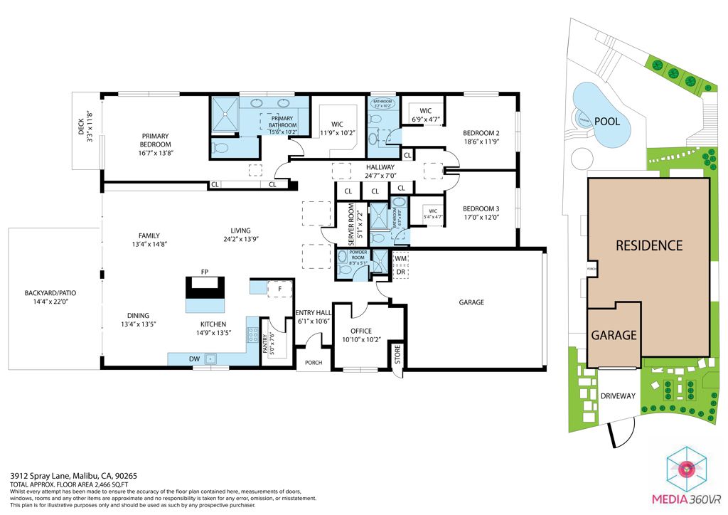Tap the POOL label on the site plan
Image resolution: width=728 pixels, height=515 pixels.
pyautogui.click(x=606, y=122)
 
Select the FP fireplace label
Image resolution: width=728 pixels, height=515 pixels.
pyautogui.click(x=204, y=272)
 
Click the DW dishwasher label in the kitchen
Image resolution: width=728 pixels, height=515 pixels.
pyautogui.click(x=194, y=359)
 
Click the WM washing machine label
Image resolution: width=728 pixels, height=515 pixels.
pyautogui.click(x=400, y=259)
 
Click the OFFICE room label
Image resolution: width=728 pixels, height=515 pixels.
pyautogui.click(x=361, y=331)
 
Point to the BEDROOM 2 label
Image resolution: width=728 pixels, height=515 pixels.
pyautogui.click(x=481, y=133)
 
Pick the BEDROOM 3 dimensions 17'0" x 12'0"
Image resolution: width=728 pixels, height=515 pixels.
pyautogui.click(x=481, y=218)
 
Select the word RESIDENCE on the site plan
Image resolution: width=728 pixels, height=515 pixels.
pyautogui.click(x=648, y=245)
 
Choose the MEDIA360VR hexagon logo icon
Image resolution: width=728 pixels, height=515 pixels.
pyautogui.click(x=686, y=469)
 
